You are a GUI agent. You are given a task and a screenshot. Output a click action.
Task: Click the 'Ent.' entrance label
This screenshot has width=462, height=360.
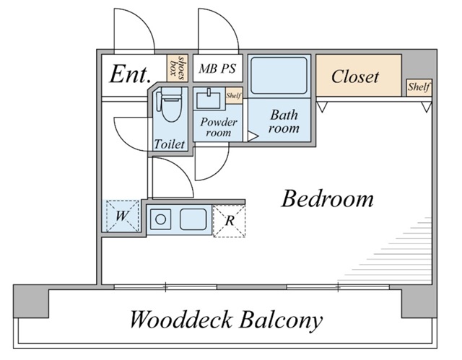pos(129,74)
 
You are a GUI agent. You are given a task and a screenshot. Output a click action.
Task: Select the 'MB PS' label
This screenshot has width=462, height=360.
pos(217,69)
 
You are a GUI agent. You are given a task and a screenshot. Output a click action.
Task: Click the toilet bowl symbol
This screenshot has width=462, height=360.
pos(170,109)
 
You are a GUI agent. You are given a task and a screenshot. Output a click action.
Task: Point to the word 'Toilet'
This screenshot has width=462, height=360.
pos(170,144)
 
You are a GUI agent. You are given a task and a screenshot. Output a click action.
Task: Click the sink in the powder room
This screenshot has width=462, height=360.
pos(208,98)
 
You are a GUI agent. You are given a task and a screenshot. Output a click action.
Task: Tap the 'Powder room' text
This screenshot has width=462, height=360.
pos(218,127)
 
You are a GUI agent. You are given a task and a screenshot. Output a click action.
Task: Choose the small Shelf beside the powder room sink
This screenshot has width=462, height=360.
pos(233,95)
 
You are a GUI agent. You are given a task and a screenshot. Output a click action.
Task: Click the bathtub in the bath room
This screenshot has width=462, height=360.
pos(279,76)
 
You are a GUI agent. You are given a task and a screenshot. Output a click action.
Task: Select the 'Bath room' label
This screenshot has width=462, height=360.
pos(284,121)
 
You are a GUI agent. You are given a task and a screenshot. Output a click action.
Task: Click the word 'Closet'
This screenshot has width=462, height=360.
pos(355,76)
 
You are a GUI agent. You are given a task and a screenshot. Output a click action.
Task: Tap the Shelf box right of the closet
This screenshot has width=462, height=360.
pos(419,87)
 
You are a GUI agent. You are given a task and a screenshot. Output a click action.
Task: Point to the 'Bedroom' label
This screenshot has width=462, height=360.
pos(327,198)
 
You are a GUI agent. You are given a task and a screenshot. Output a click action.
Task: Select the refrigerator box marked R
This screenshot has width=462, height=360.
pos(229,221)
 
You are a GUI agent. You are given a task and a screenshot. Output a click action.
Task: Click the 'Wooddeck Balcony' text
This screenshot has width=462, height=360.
pos(226,319)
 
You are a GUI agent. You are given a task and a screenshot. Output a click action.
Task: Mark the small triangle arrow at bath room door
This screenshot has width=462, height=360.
pos(253,135)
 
